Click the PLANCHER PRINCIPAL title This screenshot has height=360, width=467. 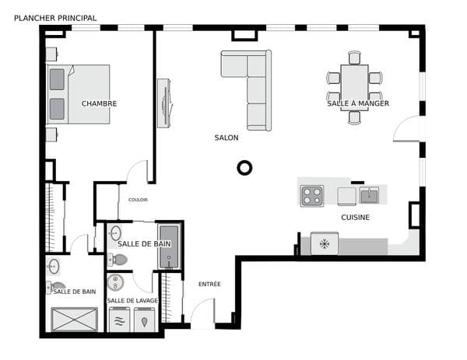coord(55,18)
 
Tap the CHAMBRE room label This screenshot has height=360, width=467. coord(99,103)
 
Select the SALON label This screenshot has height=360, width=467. coord(226,138)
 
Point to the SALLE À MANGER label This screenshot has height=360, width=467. coord(358,103)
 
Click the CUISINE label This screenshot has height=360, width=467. coord(356,217)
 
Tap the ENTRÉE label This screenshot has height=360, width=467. coord(209,284)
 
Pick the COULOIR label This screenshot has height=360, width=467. coord(138,200)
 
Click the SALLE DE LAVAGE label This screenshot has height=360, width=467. coord(132,300)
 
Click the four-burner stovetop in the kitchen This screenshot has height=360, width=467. coord(312,196)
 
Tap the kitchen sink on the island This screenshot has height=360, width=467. coord(369,195)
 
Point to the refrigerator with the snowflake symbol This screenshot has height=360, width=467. coord(325,243)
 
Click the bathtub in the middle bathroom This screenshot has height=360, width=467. coord(169,247)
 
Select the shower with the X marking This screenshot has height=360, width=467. coord(74,320)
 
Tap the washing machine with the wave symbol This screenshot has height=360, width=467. coord(119,320)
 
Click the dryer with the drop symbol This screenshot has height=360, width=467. coord(145,320)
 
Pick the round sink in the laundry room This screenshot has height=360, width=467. coord(115,282)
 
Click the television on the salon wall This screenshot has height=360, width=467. coord(165,103)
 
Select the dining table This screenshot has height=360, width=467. coord(354,88)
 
